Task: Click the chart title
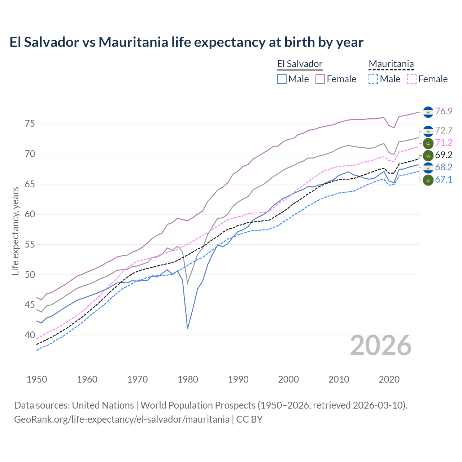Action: (x=186, y=42)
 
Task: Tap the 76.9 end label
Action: (x=444, y=111)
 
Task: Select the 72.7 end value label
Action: (x=444, y=130)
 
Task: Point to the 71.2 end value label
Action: (x=444, y=143)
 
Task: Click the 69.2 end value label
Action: (x=444, y=155)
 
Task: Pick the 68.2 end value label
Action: (x=444, y=167)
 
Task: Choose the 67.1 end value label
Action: (x=444, y=179)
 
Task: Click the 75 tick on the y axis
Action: (x=30, y=124)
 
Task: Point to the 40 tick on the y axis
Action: (x=30, y=335)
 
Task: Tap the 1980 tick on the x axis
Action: (x=188, y=379)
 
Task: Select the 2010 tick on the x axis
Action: (x=339, y=379)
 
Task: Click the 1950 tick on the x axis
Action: (x=37, y=379)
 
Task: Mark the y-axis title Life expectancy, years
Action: (x=15, y=231)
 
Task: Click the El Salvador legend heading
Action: (x=300, y=64)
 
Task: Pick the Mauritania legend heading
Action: (x=391, y=64)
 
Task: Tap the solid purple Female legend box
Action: (x=320, y=79)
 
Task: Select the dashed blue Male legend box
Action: (x=373, y=79)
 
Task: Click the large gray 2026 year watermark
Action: (x=381, y=345)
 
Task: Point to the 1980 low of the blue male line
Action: (x=187, y=328)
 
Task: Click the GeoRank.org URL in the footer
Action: (x=122, y=419)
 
